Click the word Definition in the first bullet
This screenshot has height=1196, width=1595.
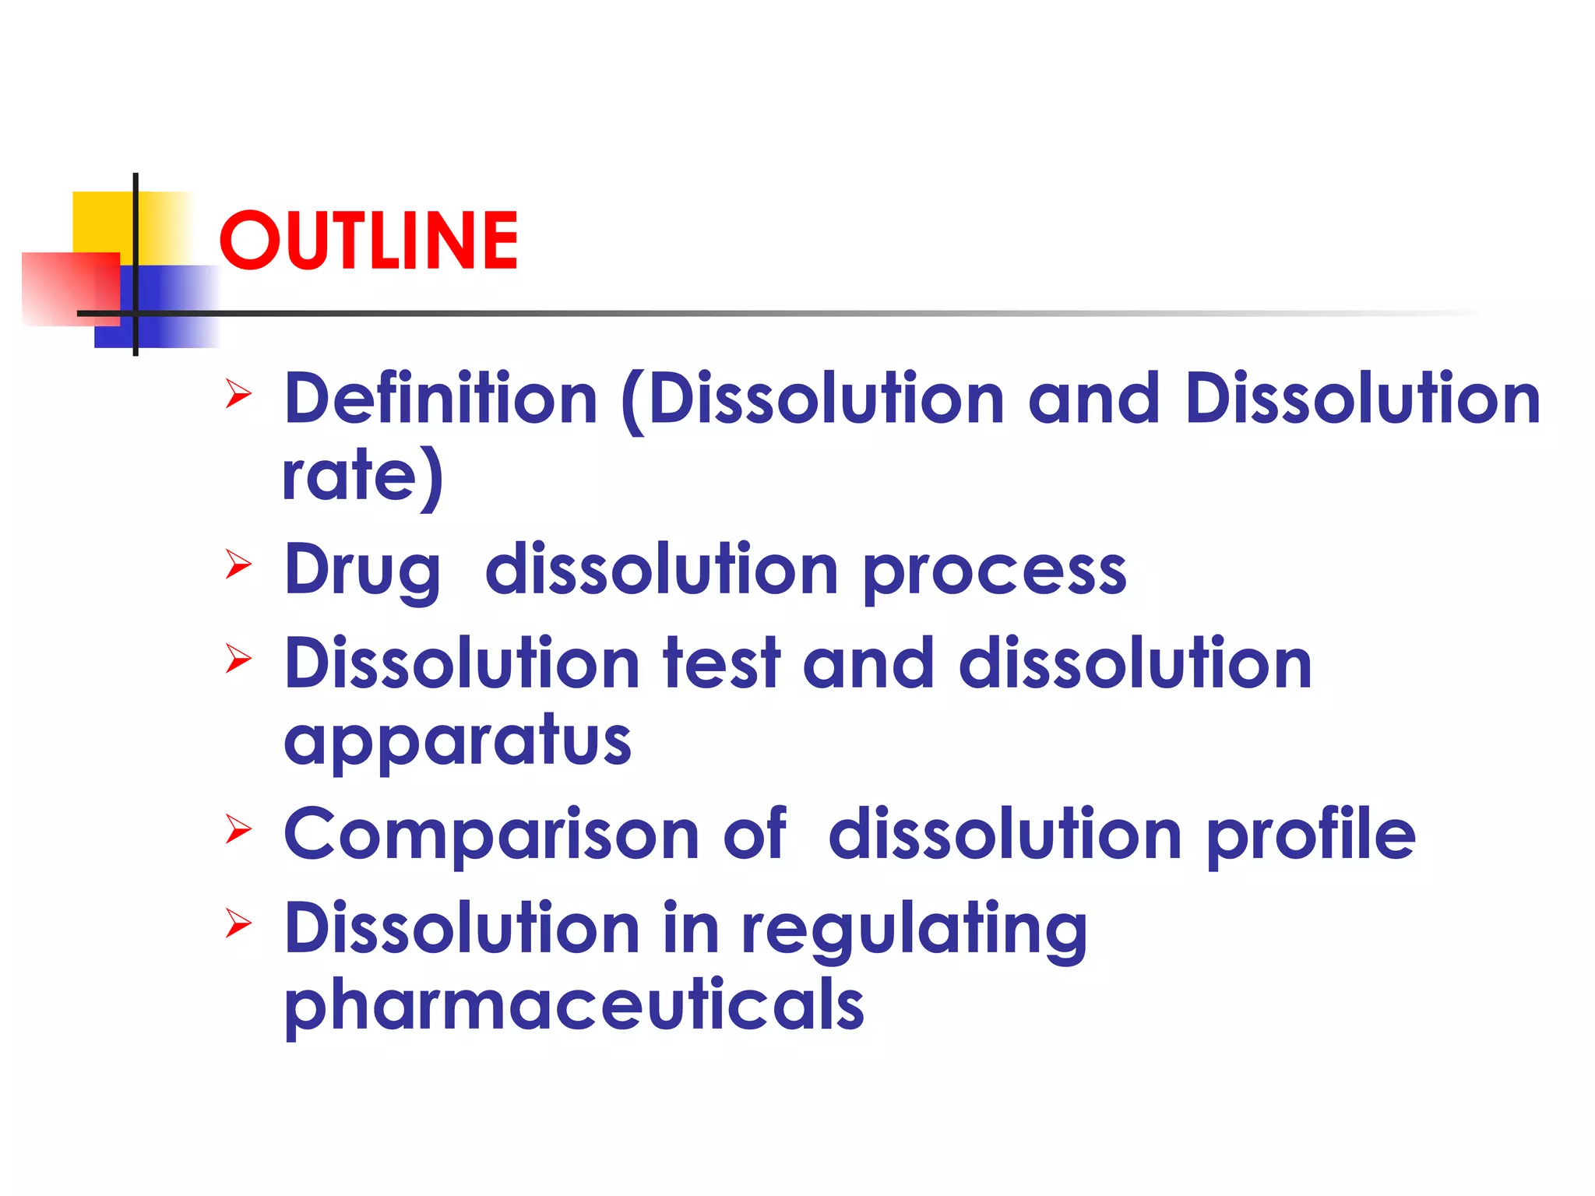click(441, 399)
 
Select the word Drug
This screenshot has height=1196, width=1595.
click(363, 571)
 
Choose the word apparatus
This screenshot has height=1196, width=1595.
click(458, 741)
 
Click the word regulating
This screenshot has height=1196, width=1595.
click(914, 930)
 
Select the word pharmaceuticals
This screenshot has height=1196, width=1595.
click(575, 1005)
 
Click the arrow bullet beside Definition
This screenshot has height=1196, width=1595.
click(238, 394)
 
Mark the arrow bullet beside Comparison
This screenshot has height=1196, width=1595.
click(238, 829)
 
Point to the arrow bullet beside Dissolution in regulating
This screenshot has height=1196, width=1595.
click(238, 923)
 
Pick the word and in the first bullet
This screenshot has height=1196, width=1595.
click(1093, 399)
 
